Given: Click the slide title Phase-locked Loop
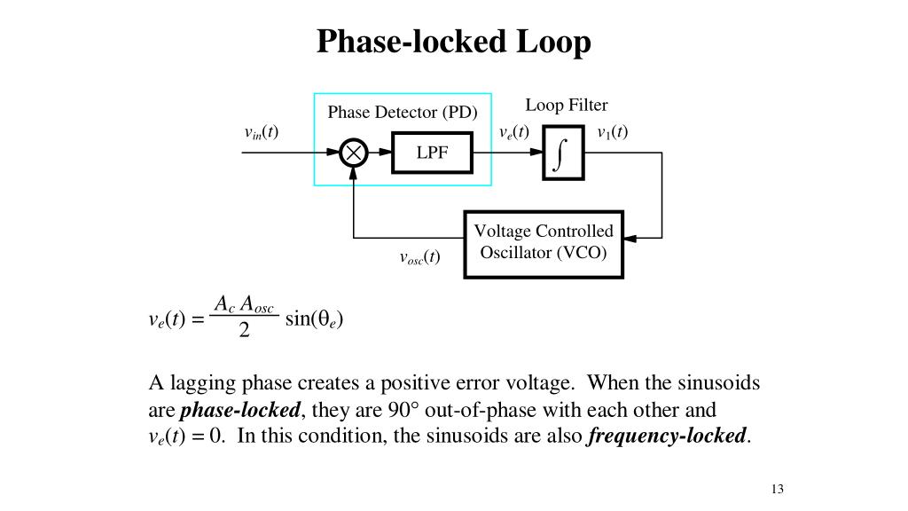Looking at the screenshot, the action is [x=453, y=43].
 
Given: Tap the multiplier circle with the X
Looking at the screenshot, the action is [x=353, y=153].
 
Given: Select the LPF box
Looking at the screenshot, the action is [x=432, y=153].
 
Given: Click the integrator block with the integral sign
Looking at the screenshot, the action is [x=563, y=153].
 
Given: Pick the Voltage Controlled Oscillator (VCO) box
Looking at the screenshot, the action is [x=544, y=245].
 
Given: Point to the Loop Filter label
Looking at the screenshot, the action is [x=567, y=105].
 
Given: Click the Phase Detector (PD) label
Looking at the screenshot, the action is [x=403, y=112].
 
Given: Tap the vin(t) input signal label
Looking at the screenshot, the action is [x=262, y=133].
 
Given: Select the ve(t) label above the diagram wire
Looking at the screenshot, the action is [x=513, y=132].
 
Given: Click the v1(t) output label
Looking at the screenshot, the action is [x=613, y=132].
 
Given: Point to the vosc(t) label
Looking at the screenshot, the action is [x=419, y=257].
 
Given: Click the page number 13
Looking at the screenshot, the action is [x=777, y=489].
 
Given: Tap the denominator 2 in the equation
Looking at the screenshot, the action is [x=245, y=330].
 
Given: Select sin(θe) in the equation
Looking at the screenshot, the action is [x=315, y=318].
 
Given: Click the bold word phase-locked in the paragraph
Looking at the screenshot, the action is [x=240, y=410].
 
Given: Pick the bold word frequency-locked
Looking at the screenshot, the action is [x=667, y=436].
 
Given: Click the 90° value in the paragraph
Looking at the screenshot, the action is [x=403, y=410].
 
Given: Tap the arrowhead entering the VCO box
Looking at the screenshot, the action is [x=630, y=238].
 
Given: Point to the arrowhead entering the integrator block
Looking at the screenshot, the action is [x=536, y=153].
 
